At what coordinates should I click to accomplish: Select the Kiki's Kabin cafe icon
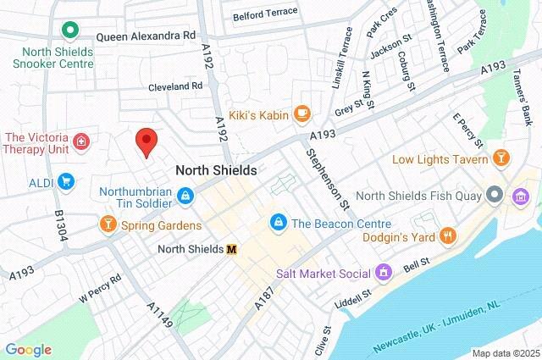click(x=301, y=114)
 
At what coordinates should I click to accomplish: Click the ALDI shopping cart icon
click(x=65, y=181)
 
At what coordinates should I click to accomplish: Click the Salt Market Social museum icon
click(x=384, y=274)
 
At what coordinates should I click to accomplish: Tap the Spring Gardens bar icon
click(x=108, y=225)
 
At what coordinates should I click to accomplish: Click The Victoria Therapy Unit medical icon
click(x=80, y=141)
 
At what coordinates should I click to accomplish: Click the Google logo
click(x=28, y=350)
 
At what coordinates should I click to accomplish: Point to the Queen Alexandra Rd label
click(x=145, y=37)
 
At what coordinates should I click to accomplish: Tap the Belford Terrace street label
click(x=266, y=12)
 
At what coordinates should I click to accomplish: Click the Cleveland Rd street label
click(x=175, y=86)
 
